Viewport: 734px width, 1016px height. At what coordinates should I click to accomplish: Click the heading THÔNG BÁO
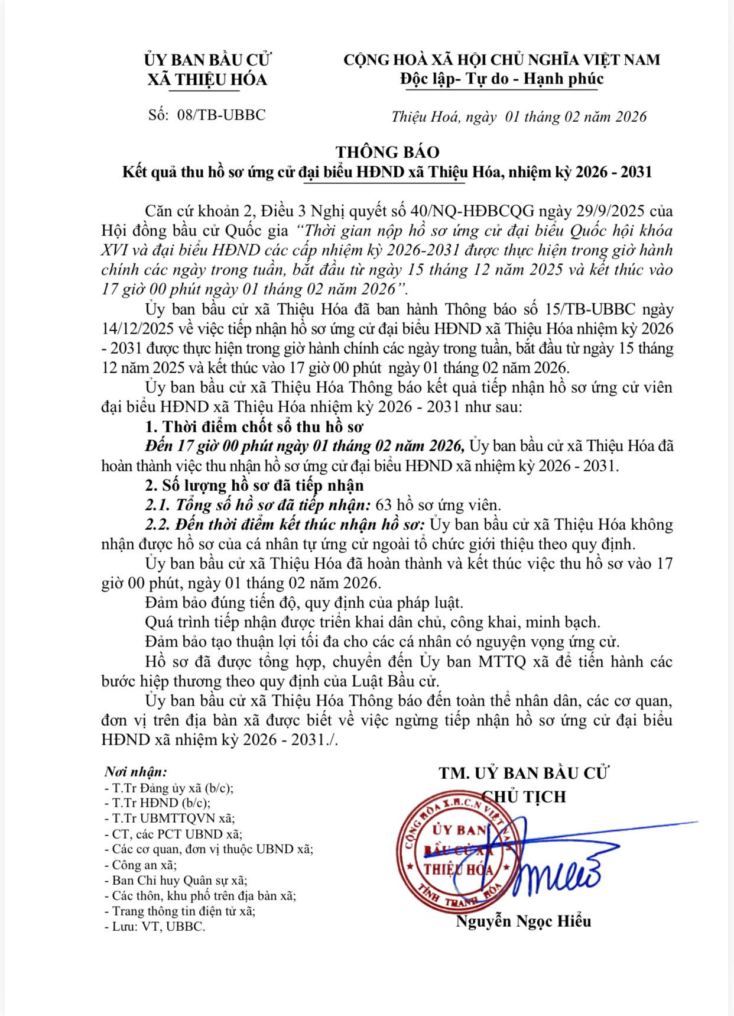click(x=388, y=153)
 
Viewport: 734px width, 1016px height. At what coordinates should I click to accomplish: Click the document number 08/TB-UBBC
click(x=221, y=115)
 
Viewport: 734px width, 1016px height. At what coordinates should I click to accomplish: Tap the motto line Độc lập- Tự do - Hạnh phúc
click(x=501, y=79)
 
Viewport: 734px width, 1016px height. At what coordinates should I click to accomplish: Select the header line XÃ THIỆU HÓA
click(x=207, y=79)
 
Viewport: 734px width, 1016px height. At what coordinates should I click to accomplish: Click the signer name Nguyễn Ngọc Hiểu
click(x=523, y=921)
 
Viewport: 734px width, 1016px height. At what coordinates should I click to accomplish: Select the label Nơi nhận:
click(x=136, y=771)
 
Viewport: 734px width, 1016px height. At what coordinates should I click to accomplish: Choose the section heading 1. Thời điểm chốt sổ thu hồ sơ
click(x=254, y=426)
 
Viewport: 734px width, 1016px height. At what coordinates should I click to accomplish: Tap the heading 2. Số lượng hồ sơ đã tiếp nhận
click(x=254, y=486)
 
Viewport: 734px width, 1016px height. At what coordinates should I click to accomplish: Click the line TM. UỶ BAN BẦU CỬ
click(x=524, y=773)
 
